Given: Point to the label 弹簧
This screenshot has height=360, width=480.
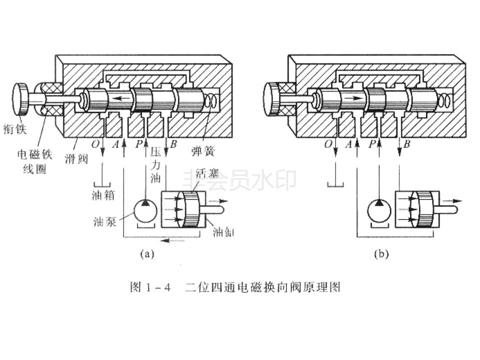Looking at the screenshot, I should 206,150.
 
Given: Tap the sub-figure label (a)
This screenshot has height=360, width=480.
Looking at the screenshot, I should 146,254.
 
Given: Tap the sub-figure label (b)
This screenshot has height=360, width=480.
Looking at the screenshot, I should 380,254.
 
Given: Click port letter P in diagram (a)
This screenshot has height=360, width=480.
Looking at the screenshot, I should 139,144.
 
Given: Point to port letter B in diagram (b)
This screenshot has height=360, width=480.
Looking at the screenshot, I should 407,144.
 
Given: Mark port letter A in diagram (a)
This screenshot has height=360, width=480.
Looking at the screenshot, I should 116,144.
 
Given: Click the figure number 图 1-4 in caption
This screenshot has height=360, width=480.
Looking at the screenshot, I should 150,287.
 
